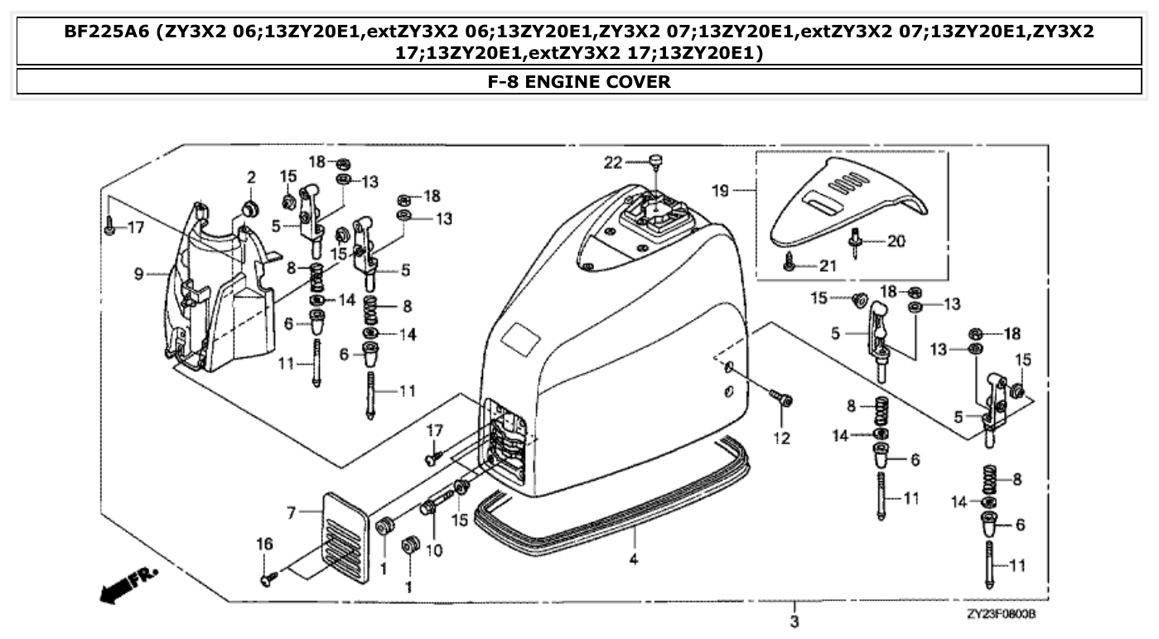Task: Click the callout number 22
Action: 612,163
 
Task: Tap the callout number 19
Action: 721,191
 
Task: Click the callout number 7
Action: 290,514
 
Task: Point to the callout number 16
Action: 263,544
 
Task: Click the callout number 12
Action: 781,438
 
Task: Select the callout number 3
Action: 794,622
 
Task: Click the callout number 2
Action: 251,177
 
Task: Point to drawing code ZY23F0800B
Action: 1001,614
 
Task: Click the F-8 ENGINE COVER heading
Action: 579,82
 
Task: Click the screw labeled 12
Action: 780,399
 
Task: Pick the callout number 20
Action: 896,241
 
